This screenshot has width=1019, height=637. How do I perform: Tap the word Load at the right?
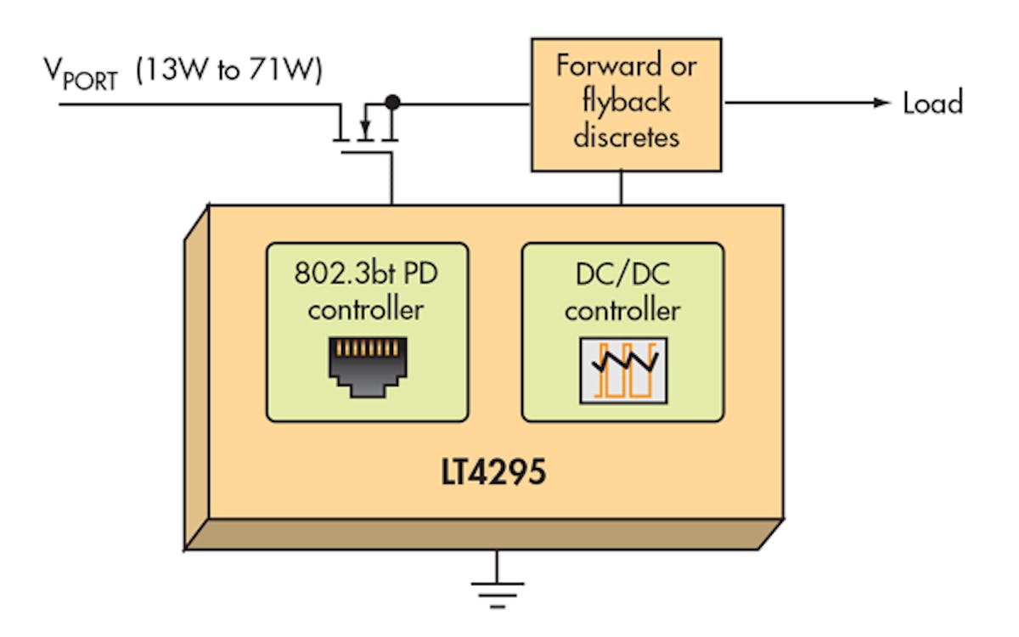coord(932,104)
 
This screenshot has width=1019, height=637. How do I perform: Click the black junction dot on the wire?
coord(392,103)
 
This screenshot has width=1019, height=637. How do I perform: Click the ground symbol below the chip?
coord(498,590)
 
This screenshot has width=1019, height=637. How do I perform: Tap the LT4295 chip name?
coord(493,473)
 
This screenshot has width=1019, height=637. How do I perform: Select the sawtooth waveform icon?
coord(622,369)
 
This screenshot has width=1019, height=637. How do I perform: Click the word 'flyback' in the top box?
coord(627,101)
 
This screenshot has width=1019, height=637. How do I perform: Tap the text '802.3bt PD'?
coord(367,273)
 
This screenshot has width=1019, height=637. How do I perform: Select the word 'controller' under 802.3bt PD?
coord(367,309)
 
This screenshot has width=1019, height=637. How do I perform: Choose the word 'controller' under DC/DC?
coord(622,310)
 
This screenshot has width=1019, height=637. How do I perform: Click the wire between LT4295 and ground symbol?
coord(498,564)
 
